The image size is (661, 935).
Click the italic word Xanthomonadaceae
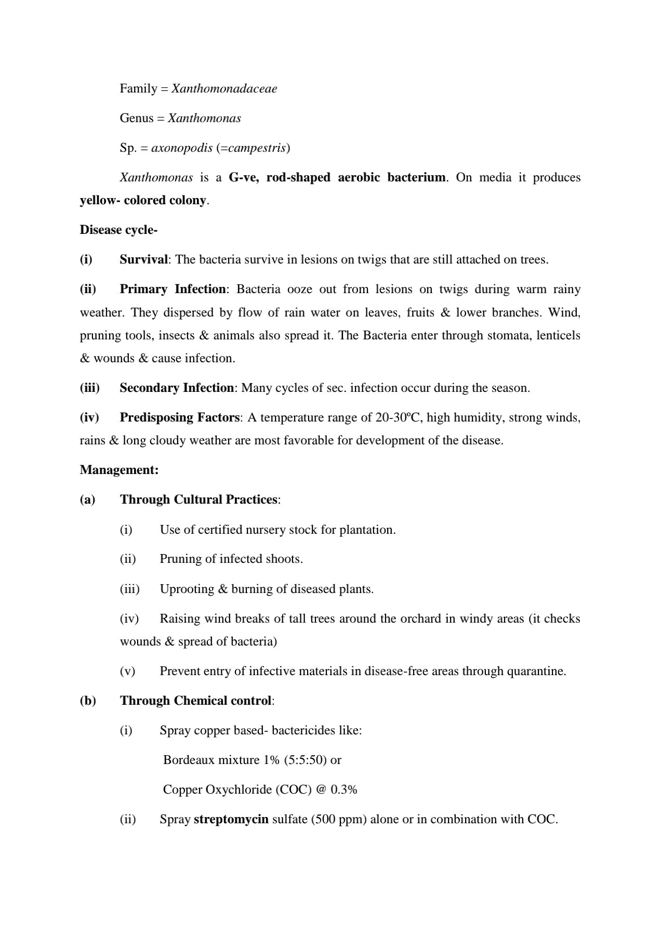click(224, 88)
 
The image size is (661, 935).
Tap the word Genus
click(136, 118)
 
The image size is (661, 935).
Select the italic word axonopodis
click(182, 148)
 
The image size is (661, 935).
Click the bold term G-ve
click(243, 178)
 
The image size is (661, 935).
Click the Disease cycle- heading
click(118, 230)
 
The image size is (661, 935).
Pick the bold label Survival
click(143, 259)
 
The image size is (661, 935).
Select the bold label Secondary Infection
click(177, 388)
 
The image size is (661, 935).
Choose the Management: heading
click(119, 470)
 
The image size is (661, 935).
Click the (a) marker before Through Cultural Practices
click(87, 499)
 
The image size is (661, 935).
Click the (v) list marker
click(127, 671)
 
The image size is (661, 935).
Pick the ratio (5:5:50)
click(305, 760)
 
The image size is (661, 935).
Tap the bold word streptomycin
click(231, 819)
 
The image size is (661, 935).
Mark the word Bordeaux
click(185, 760)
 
